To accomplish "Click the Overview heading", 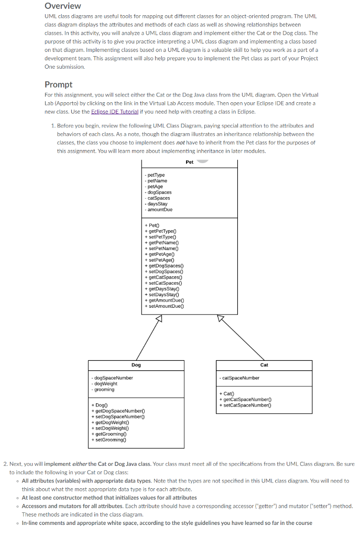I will pyautogui.click(x=62, y=6).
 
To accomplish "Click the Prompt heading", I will pyautogui.click(x=58, y=84).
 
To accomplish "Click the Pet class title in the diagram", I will pyautogui.click(x=189, y=162).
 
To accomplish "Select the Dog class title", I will pyautogui.click(x=136, y=364).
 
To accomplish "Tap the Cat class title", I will pyautogui.click(x=264, y=364).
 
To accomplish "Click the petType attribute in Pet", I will pyautogui.click(x=156, y=175).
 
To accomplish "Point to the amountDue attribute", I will pyautogui.click(x=159, y=209).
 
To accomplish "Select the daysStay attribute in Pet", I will pyautogui.click(x=157, y=203).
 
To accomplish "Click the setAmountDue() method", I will pyautogui.click(x=165, y=306).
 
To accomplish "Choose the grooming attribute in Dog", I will pyautogui.click(x=104, y=389).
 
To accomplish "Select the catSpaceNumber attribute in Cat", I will pyautogui.click(x=241, y=378).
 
